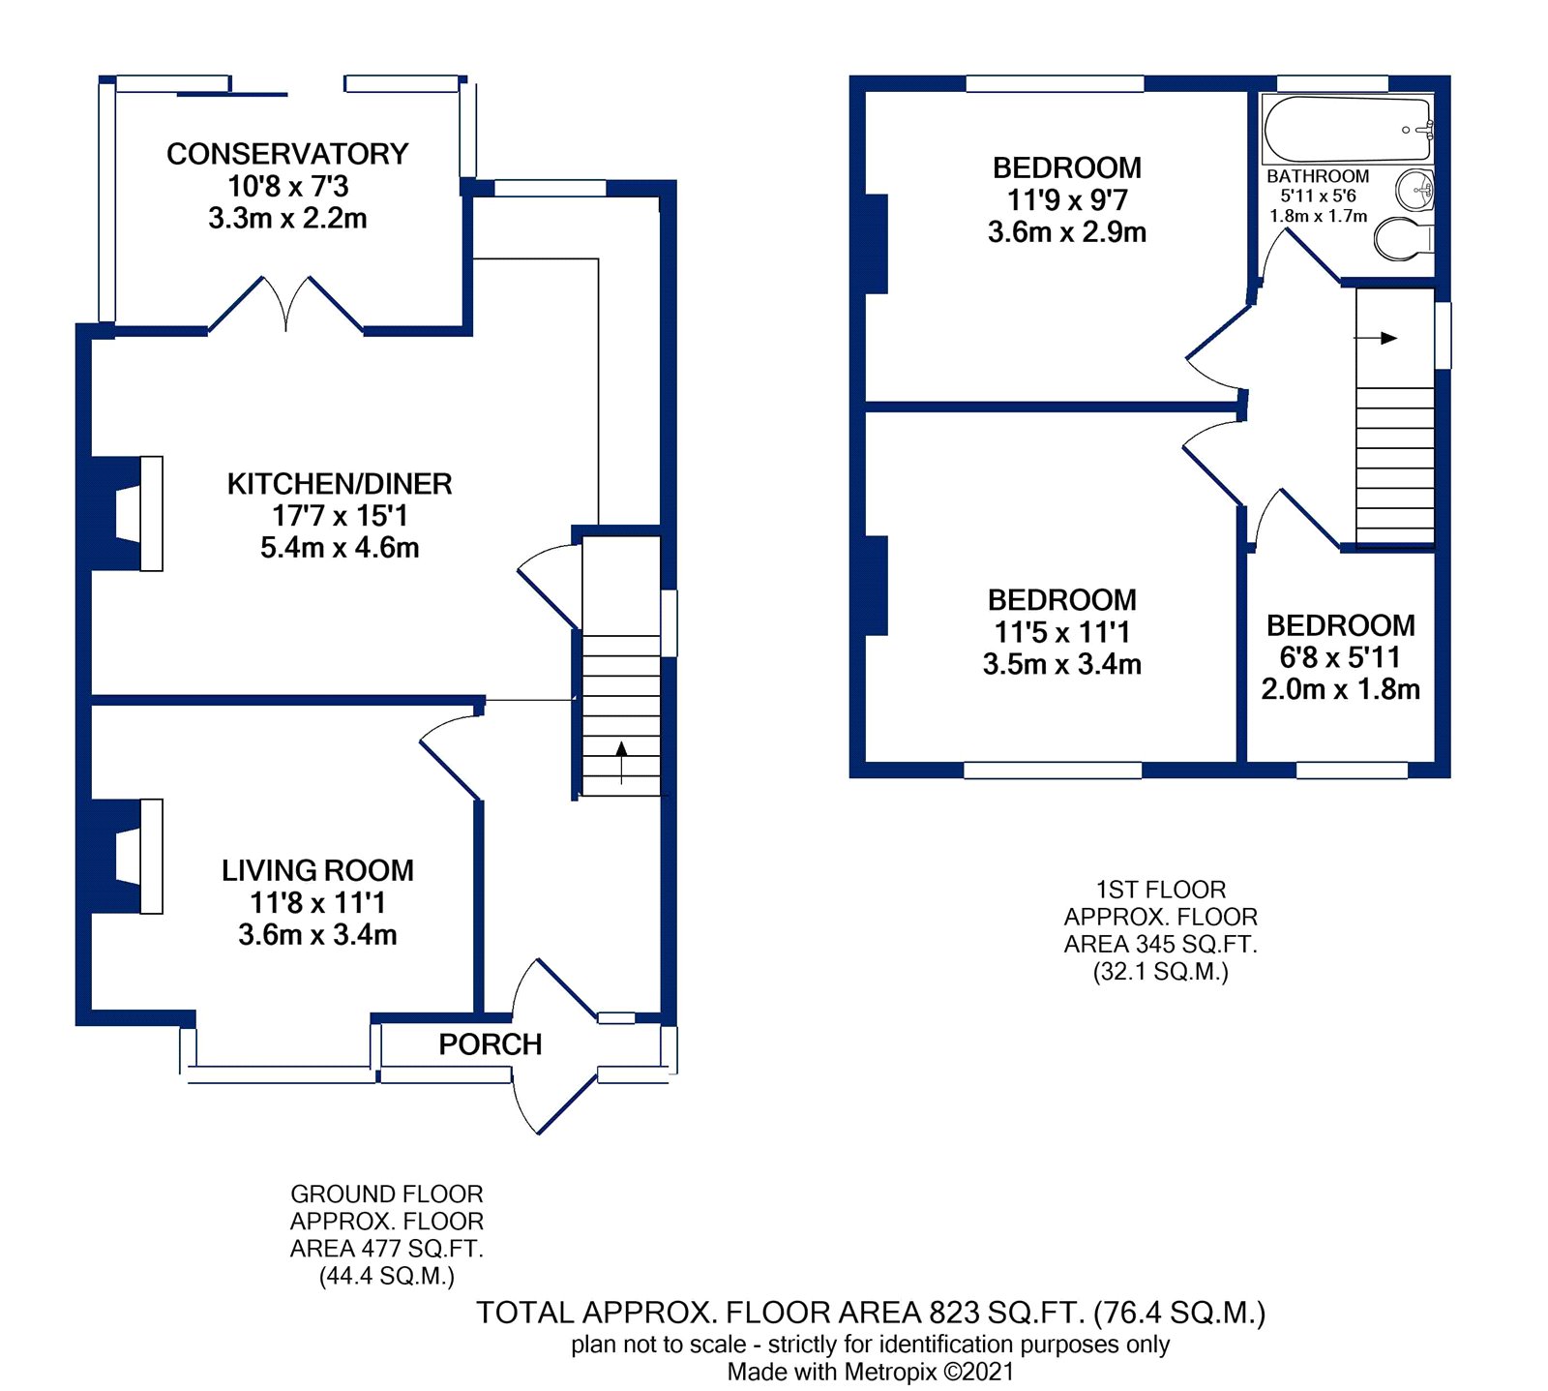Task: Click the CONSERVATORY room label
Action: click(x=287, y=154)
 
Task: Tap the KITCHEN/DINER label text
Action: click(x=340, y=484)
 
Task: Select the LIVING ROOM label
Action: click(x=317, y=870)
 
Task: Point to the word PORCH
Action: click(x=490, y=1044)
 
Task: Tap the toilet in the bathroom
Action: click(x=1404, y=238)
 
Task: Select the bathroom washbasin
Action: click(x=1415, y=189)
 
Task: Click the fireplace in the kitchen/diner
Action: click(x=135, y=513)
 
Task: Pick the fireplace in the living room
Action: click(x=135, y=857)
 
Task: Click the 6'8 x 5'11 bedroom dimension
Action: click(x=1340, y=657)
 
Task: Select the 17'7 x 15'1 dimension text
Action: click(x=340, y=516)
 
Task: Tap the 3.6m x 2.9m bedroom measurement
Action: click(x=1067, y=232)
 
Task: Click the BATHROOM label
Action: click(x=1318, y=176)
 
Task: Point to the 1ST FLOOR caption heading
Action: click(x=1160, y=890)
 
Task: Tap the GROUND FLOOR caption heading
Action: click(x=386, y=1194)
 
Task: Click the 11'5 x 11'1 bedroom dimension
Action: click(x=1062, y=632)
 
